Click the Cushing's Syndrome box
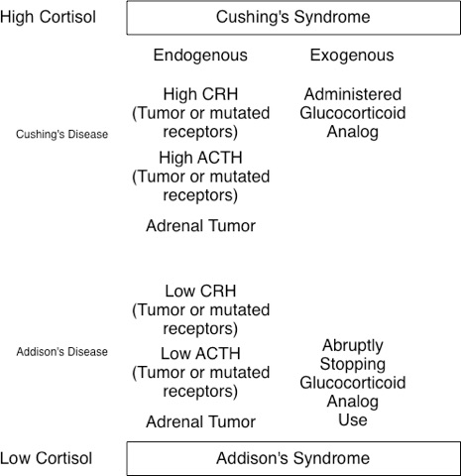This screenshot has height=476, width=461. tap(293, 18)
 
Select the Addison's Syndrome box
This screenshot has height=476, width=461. tap(293, 458)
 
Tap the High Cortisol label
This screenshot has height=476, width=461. tap(48, 17)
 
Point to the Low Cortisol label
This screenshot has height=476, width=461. tap(46, 458)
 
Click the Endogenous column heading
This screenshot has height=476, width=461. tap(200, 56)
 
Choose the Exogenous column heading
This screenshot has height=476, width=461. tap(352, 56)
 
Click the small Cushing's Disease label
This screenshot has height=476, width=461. tap(62, 134)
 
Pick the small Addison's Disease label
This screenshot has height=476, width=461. tap(62, 352)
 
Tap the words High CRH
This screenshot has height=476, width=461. tap(200, 94)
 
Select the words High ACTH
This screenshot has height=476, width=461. tap(200, 158)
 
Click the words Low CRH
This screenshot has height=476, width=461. tap(200, 292)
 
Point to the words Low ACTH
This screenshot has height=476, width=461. tap(200, 354)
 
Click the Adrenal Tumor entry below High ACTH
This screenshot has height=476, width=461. tap(201, 226)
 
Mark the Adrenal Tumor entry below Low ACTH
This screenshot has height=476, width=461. tap(201, 422)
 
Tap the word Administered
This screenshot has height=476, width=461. tap(353, 94)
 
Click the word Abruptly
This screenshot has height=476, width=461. tap(353, 346)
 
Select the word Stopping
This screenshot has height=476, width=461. tap(353, 365)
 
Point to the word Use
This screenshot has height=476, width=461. tap(353, 419)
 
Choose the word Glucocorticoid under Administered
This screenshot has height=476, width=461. tap(353, 113)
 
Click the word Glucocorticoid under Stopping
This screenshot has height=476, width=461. tap(353, 383)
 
